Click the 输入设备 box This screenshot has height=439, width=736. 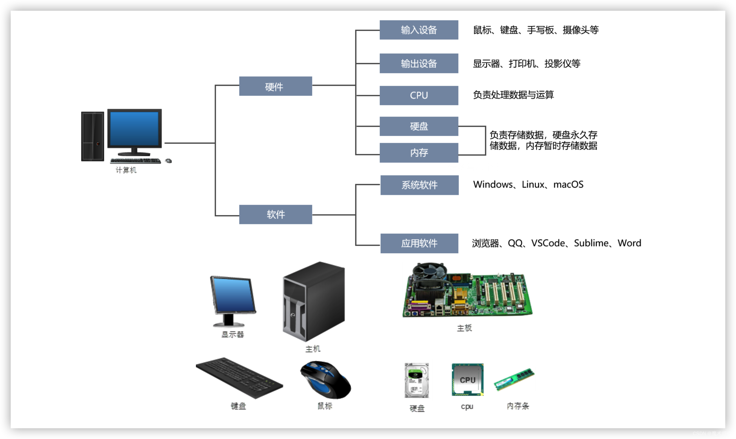click(x=419, y=30)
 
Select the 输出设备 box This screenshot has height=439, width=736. click(x=419, y=63)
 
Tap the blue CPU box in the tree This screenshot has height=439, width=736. click(x=419, y=95)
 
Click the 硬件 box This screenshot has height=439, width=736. click(x=275, y=86)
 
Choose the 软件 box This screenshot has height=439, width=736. click(x=275, y=214)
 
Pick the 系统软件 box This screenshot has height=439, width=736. click(x=419, y=185)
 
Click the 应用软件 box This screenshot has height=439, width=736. click(x=419, y=243)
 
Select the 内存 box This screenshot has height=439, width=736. click(x=419, y=153)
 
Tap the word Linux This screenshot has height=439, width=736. click(x=533, y=185)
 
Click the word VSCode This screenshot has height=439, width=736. click(x=548, y=243)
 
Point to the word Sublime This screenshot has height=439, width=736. click(x=591, y=243)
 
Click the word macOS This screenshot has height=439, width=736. click(x=568, y=185)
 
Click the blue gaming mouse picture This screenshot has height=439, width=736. click(x=326, y=380)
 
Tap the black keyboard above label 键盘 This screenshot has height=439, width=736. click(x=239, y=378)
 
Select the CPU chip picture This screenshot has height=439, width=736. click(x=467, y=380)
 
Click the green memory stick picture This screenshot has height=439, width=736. click(x=514, y=380)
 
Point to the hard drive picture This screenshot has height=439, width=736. click(x=416, y=380)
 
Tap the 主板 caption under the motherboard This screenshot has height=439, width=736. click(x=464, y=328)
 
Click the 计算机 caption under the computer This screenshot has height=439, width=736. click(x=126, y=170)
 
